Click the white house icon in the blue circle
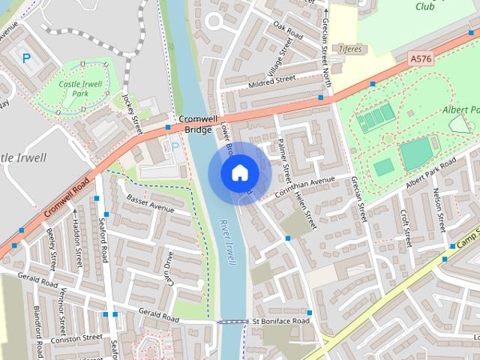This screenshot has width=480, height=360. pos(238,173)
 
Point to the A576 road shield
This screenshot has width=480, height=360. pos(421,57)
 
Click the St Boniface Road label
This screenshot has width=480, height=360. pos(280,322)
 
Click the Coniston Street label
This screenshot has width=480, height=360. pos(76,338)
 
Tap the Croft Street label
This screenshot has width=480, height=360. pos(406,227)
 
